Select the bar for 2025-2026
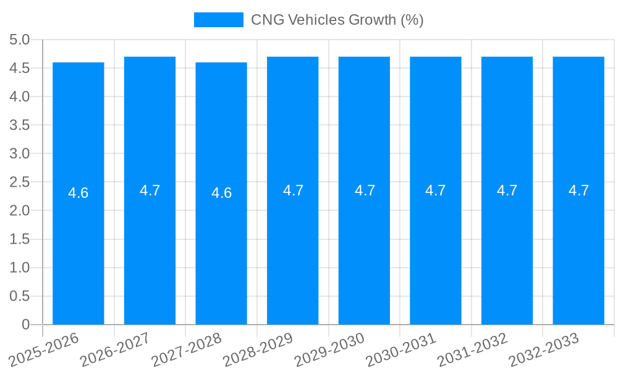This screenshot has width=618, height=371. [78, 247]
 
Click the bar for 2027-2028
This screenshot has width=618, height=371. [221, 247]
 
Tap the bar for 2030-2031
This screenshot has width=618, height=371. [436, 247]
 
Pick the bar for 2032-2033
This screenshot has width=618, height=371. [578, 247]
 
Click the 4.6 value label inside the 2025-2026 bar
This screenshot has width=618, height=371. [78, 193]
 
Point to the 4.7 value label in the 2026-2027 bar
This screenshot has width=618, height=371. [150, 190]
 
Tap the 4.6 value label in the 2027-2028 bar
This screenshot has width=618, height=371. [221, 193]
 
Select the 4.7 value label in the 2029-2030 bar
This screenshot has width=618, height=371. [365, 190]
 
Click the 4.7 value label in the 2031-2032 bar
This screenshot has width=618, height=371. [507, 190]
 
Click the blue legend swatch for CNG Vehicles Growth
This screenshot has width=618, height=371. [218, 20]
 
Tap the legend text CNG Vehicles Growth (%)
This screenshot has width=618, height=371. [337, 20]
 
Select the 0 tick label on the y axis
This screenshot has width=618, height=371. [25, 325]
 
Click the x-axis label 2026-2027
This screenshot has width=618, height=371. [114, 349]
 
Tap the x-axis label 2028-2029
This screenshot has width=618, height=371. [257, 349]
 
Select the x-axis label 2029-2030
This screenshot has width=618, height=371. [329, 349]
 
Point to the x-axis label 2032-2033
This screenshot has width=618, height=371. [543, 349]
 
